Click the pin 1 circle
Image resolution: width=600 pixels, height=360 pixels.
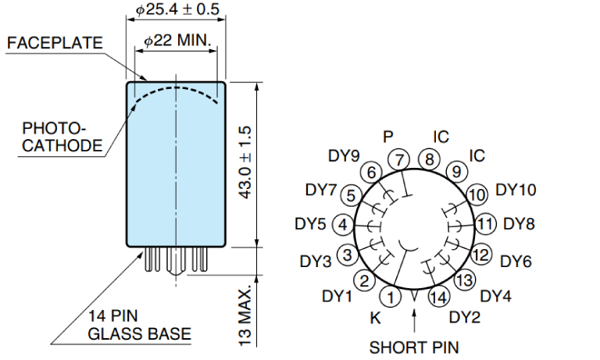pos(391,296)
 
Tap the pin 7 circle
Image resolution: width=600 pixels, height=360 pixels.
pos(401,159)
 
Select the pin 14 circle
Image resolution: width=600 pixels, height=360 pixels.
pos(439,296)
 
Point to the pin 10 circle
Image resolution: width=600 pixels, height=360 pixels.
pos(477,194)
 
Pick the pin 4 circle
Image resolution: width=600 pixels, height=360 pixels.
pos(343,225)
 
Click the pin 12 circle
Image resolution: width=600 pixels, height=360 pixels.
pos(480,255)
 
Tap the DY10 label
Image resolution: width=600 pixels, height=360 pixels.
pos(516,190)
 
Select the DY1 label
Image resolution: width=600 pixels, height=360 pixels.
pos(337,296)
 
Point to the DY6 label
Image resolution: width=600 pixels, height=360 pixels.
pos(516,261)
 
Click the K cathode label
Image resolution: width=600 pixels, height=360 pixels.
pos(374,319)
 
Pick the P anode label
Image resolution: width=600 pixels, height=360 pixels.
pos(388,136)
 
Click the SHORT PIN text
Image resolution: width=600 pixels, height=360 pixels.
pos(414,346)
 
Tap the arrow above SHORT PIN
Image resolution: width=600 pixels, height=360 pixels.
pos(415,319)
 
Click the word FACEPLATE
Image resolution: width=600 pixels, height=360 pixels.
pos(55,43)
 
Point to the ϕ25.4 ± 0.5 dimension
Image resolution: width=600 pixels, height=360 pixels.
pos(177,10)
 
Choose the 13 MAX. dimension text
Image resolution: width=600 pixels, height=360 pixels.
pos(245,316)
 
